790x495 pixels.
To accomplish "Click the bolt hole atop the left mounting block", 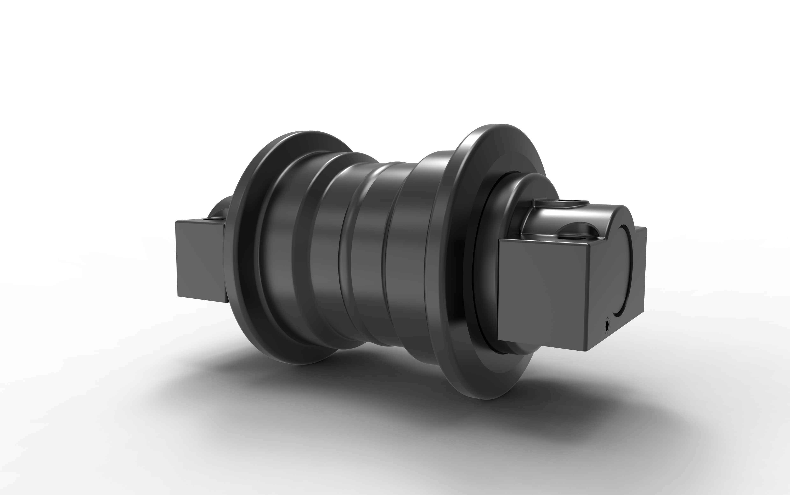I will pos(206,218).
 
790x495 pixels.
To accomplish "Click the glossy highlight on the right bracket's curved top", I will pos(554,216).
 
